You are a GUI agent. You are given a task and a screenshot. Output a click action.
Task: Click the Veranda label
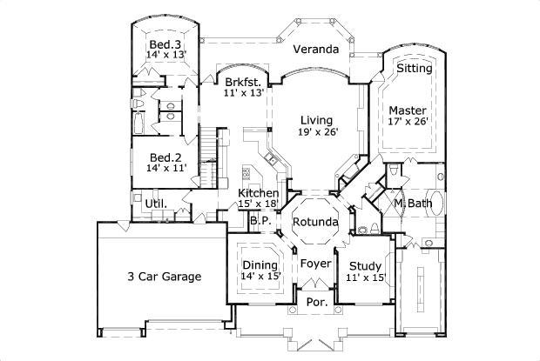314,50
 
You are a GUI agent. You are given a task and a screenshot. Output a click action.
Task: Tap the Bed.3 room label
164,44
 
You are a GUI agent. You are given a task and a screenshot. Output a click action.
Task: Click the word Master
407,110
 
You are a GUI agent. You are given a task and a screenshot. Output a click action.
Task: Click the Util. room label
156,204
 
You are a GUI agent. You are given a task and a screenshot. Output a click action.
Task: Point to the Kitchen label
258,192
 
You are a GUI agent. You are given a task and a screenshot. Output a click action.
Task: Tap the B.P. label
259,221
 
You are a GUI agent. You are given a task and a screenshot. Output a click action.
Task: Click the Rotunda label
314,222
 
